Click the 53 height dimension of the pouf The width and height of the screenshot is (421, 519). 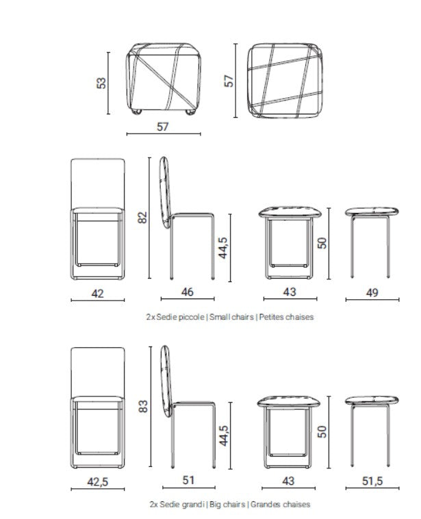coord(101,83)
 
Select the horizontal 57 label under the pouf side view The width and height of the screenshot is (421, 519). coord(163,126)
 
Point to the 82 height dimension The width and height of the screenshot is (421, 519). coord(142,218)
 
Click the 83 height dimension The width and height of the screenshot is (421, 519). coord(142,407)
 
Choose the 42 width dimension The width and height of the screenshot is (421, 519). coord(98,293)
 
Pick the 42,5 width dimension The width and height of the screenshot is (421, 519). coord(98,482)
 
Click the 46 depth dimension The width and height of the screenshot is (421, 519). coord(187,292)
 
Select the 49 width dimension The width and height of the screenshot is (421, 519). coord(372,292)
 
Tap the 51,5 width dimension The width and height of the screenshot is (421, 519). coord(372,481)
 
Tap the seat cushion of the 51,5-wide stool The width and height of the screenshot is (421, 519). coord(372,400)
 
